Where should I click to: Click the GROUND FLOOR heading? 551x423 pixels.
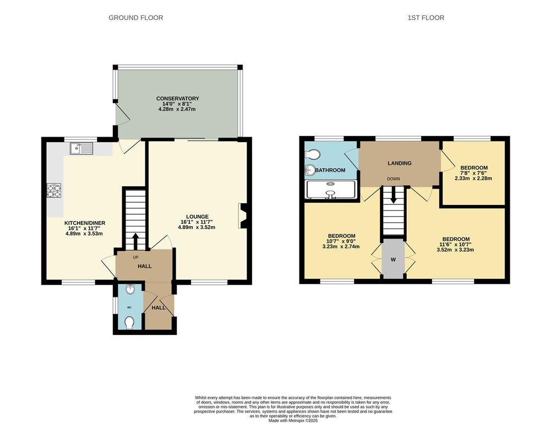point(135,18)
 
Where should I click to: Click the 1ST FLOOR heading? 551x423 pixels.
point(425,18)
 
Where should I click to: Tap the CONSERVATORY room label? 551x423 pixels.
point(177,99)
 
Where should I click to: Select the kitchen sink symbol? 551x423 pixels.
point(82,148)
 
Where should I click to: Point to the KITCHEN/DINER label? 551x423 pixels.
point(84,223)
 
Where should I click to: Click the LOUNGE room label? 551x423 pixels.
point(196,216)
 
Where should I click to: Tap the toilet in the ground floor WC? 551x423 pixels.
point(129,322)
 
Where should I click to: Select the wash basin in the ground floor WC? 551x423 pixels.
point(128,290)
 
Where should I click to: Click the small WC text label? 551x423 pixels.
point(129,307)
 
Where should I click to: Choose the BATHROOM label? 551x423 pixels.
point(330,170)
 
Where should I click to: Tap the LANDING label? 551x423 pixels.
point(400,163)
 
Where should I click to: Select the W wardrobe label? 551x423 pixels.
point(393,261)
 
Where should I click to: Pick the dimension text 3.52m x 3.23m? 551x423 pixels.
point(455,250)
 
